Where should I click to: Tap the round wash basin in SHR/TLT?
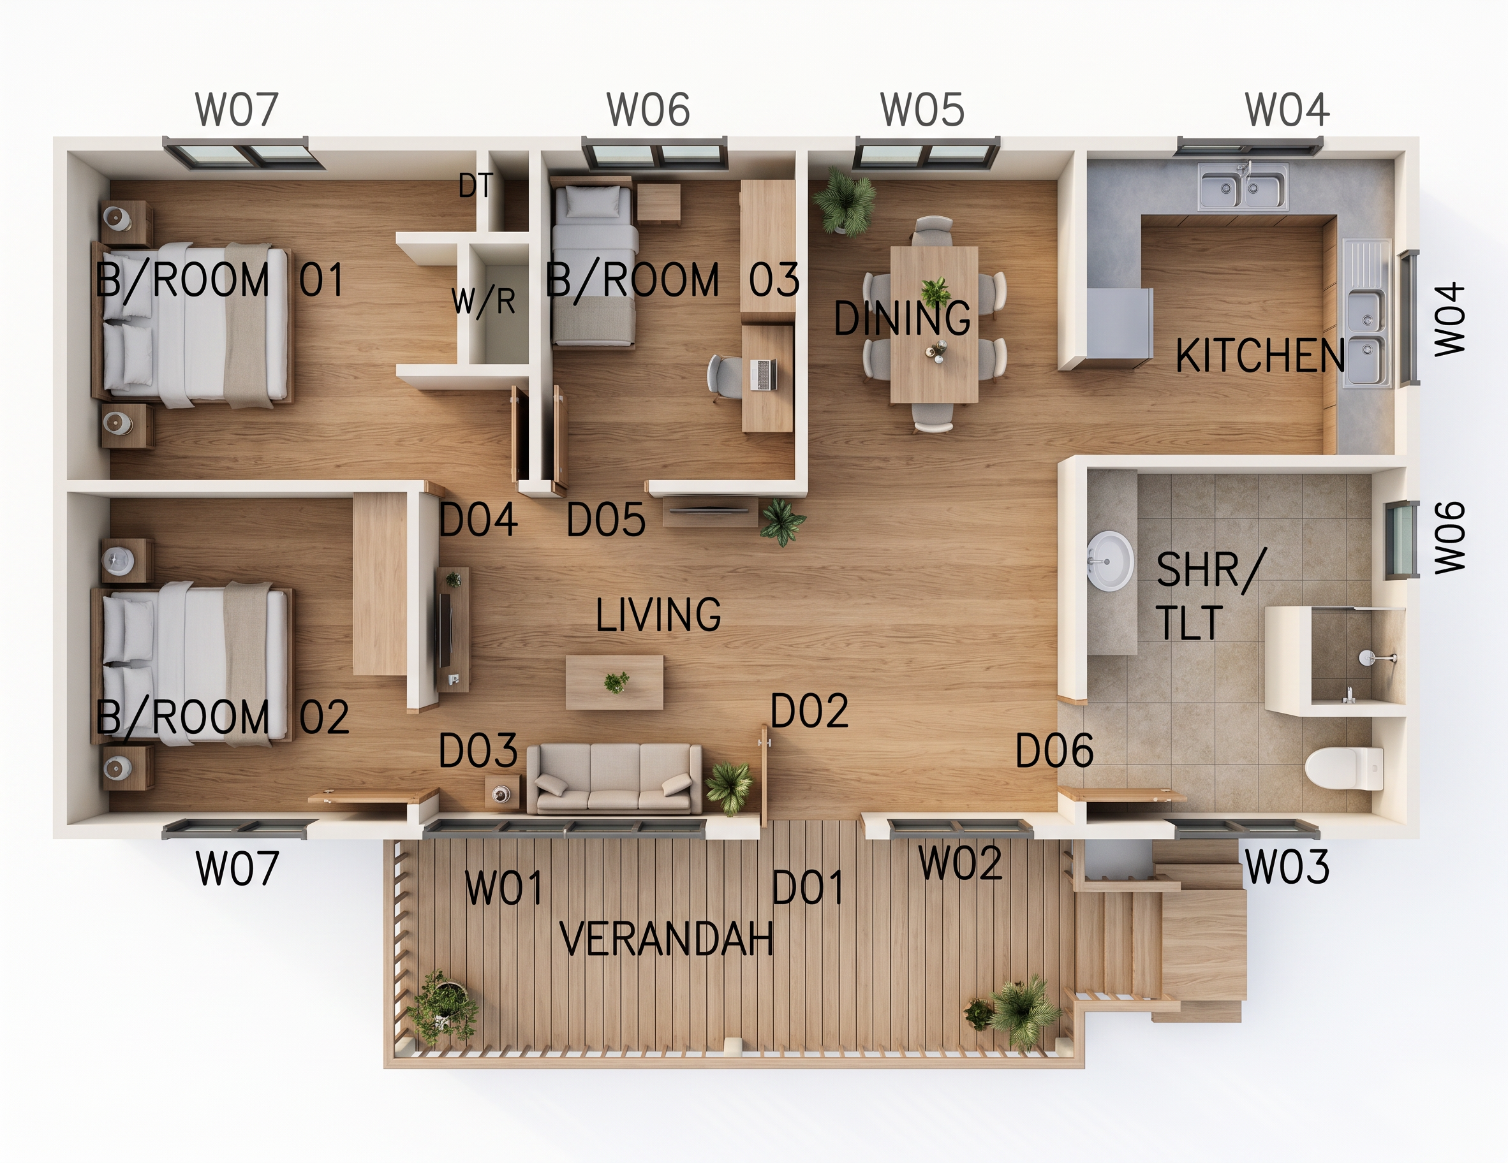point(1111,560)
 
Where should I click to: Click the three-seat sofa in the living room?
point(614,778)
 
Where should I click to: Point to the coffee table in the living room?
point(614,682)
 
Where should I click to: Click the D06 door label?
point(1054,750)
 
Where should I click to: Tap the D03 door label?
point(478,750)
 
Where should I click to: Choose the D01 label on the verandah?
point(807,888)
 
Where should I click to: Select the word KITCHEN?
point(1260,355)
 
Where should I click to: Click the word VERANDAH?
point(667,939)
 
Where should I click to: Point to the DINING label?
point(902,318)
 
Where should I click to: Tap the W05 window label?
point(922,109)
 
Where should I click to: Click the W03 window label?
point(1287,867)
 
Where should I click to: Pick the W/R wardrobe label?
point(484,301)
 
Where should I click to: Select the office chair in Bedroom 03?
point(724,377)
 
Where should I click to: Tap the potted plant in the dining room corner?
point(845,201)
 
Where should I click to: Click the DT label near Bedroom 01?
point(476,185)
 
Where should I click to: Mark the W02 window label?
point(960,863)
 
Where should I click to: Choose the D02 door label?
point(809,711)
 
